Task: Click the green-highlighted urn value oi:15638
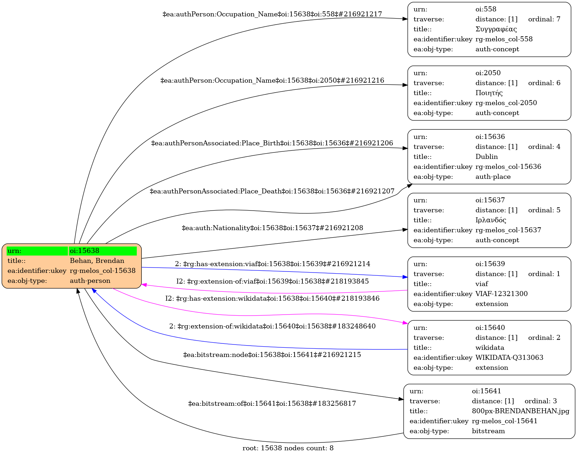click(x=84, y=251)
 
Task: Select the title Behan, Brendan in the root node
click(x=97, y=261)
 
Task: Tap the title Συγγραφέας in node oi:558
click(x=496, y=29)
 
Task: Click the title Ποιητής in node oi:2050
click(x=489, y=93)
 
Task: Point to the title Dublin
click(x=487, y=157)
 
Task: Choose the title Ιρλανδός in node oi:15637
click(x=490, y=220)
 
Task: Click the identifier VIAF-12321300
click(x=501, y=294)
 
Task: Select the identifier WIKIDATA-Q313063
click(x=509, y=358)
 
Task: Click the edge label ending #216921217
click(x=272, y=14)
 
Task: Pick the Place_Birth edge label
click(x=272, y=143)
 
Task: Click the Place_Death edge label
click(x=272, y=191)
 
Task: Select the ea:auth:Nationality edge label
click(x=272, y=228)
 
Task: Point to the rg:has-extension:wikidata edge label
click(x=272, y=299)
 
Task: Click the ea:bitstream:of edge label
click(x=272, y=404)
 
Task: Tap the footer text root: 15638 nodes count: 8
click(x=288, y=448)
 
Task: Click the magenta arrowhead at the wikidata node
click(x=405, y=323)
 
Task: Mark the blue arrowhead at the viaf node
click(x=405, y=277)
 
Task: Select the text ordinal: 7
click(x=544, y=19)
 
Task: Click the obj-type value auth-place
click(x=493, y=177)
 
